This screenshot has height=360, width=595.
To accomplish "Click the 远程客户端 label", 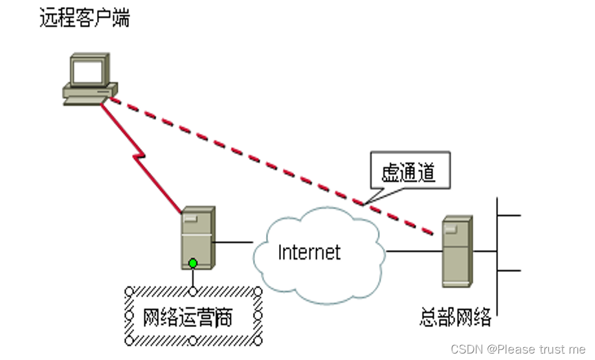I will [84, 19].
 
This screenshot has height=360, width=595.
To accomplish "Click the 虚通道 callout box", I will [410, 172].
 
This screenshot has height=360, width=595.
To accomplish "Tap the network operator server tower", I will [197, 236].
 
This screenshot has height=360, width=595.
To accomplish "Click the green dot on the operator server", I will [193, 264].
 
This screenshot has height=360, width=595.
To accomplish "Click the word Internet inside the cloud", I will [309, 251].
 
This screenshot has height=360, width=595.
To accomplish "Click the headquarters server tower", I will [456, 251].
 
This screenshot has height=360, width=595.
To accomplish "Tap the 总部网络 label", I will [455, 318].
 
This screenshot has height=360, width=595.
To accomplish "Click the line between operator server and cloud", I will [233, 243].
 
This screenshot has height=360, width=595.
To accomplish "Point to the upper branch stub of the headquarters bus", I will [509, 214].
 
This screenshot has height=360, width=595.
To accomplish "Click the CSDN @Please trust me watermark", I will [518, 349].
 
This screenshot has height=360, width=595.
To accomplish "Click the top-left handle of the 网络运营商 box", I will [128, 291].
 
